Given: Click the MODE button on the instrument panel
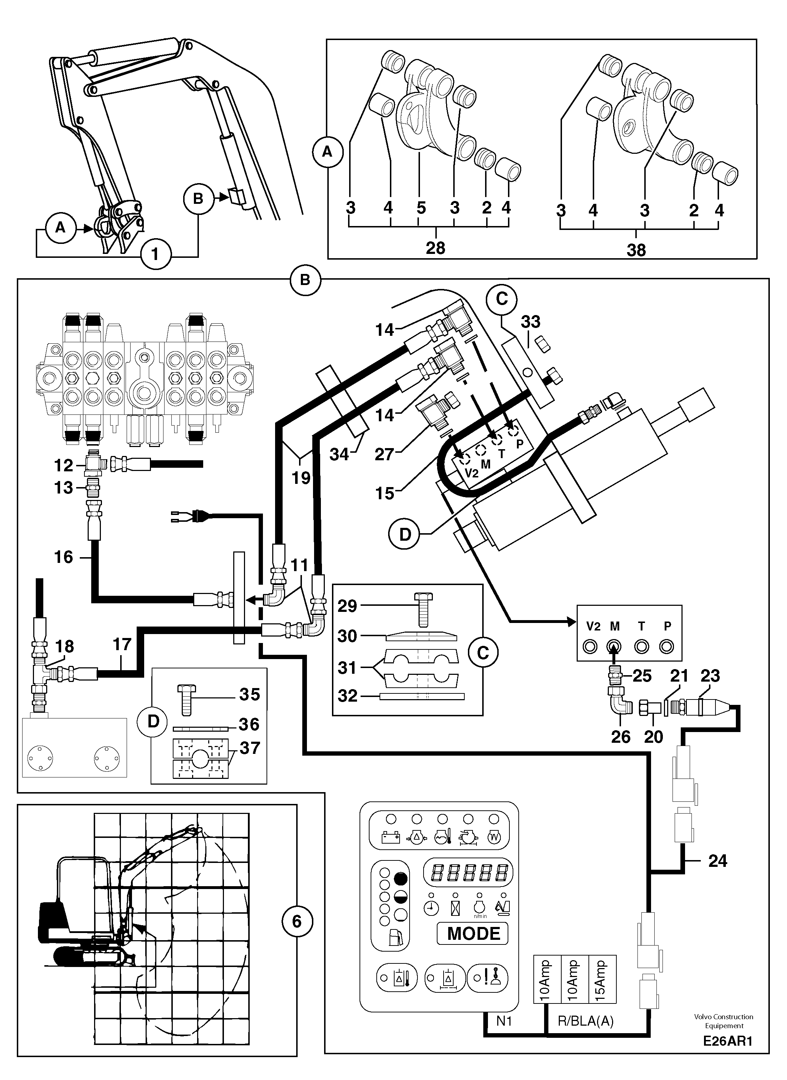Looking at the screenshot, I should [x=473, y=933].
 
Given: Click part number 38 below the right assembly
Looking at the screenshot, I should [x=636, y=250].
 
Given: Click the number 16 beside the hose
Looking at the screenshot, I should [x=63, y=557].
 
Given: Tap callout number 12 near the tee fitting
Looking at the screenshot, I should [x=63, y=465].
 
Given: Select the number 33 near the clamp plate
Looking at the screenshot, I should [x=530, y=321].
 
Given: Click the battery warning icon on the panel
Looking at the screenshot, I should [x=391, y=837].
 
